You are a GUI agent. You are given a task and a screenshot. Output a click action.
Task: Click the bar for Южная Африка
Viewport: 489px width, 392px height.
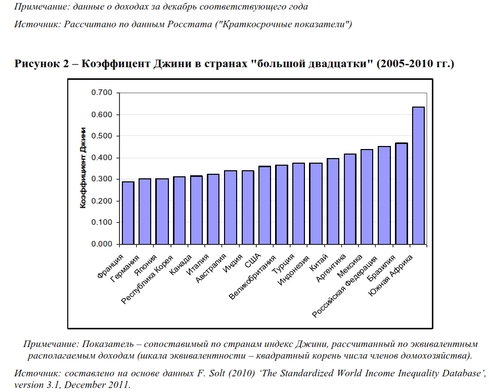tap(418, 176)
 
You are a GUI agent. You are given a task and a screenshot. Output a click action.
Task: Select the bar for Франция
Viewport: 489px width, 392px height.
tap(128, 213)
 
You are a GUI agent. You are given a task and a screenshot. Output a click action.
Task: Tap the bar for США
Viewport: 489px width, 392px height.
tap(264, 205)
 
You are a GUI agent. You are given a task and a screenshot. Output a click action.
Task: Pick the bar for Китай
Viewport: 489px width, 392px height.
tap(333, 201)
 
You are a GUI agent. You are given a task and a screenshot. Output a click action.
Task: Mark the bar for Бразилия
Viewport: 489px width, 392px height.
tap(401, 193)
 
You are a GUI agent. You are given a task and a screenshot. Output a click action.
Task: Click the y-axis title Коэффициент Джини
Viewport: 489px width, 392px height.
tap(83, 168)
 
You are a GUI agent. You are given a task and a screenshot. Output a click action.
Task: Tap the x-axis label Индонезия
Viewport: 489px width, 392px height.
tap(294, 272)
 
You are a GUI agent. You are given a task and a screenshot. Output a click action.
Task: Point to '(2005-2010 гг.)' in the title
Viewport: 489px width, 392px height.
tap(416, 64)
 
